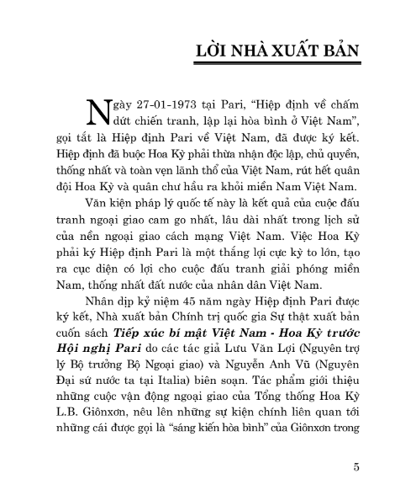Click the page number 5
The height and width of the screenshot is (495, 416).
tap(358, 466)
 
